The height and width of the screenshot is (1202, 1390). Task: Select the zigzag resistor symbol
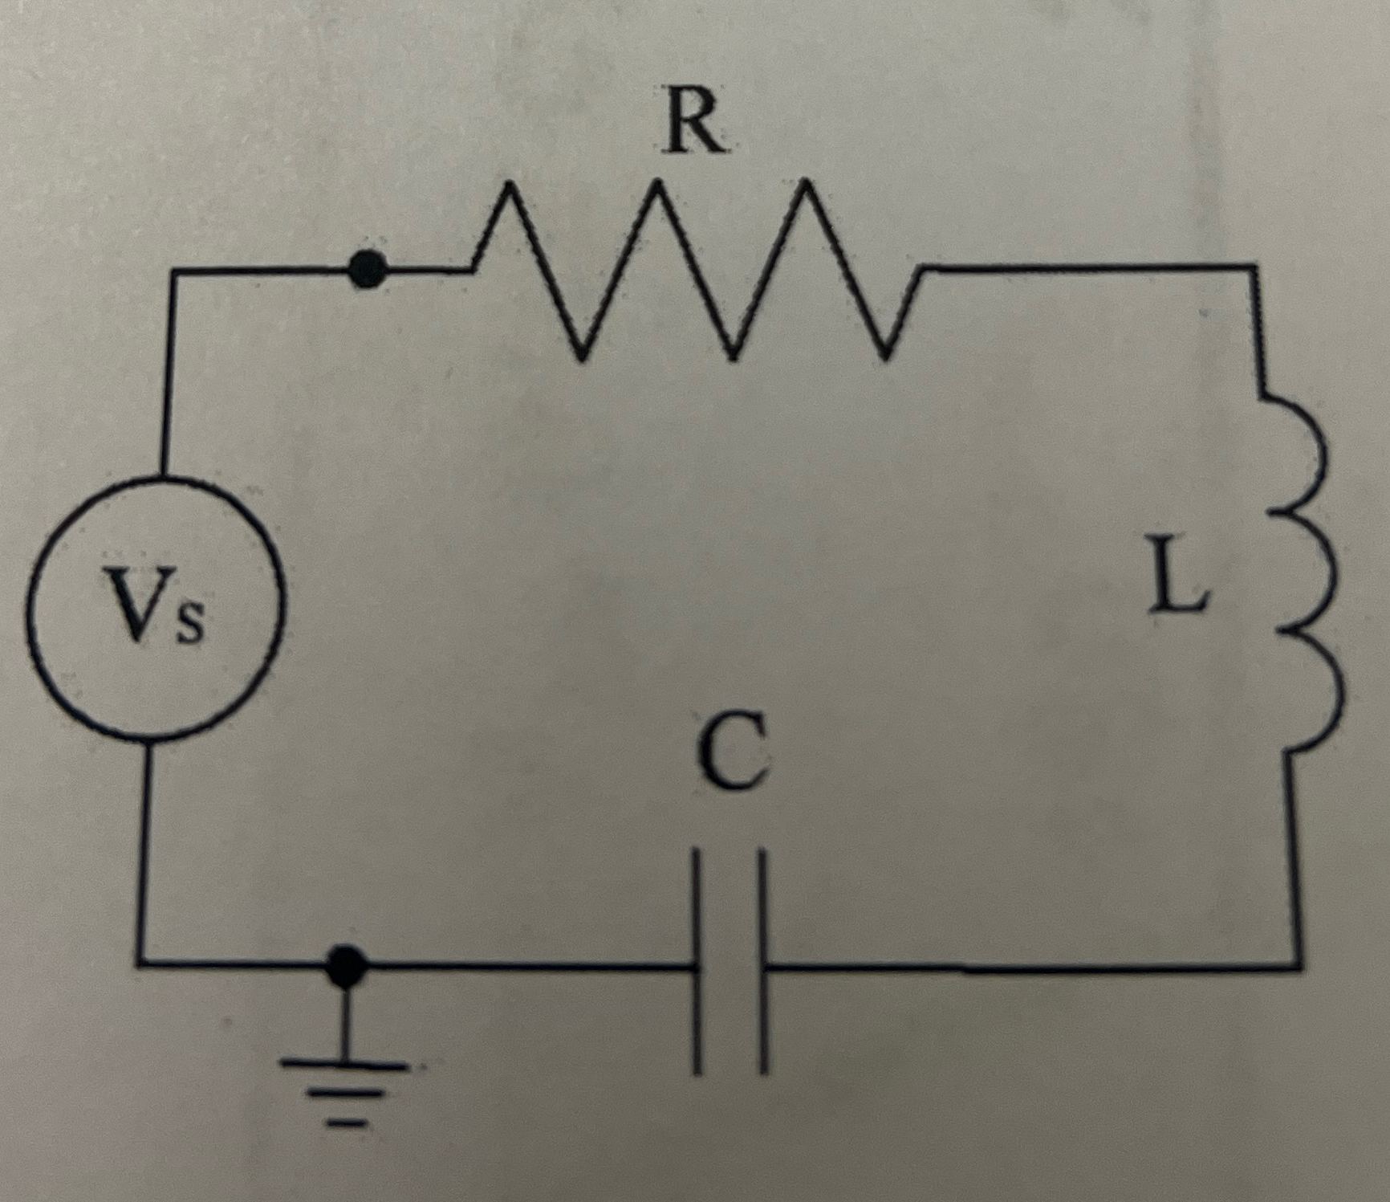[x=695, y=269]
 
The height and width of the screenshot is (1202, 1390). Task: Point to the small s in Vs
[x=190, y=622]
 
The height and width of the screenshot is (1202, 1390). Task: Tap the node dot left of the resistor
[x=368, y=270]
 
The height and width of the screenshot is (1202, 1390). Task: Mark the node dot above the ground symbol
[x=347, y=963]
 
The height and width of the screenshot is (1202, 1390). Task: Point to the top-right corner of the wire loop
[x=1254, y=267]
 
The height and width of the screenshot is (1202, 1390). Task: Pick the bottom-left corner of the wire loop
[x=141, y=961]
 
